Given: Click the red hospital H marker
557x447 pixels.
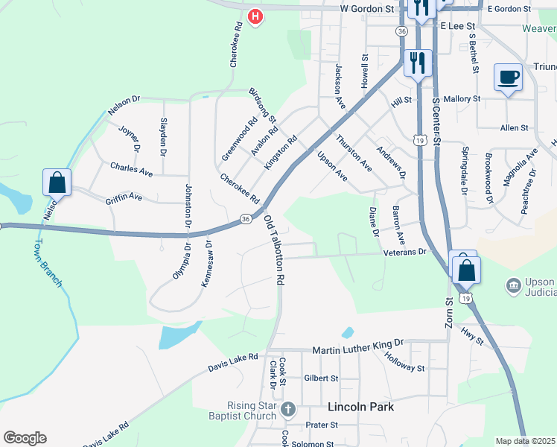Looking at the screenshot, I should [x=255, y=16].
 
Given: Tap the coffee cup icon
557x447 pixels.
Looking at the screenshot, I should [x=509, y=77].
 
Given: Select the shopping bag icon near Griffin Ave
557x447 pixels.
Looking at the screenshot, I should [x=57, y=181].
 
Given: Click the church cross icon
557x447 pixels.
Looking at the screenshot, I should [x=288, y=409].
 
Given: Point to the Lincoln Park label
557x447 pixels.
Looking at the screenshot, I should [x=361, y=408].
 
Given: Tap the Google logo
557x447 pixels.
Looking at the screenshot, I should [x=24, y=438].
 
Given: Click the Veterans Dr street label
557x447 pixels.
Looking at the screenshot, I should [x=405, y=252].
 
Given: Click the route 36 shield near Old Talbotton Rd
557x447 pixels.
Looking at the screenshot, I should [x=246, y=218].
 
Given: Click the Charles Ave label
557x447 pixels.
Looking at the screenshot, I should [x=131, y=170].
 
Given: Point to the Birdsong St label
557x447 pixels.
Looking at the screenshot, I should [x=262, y=105].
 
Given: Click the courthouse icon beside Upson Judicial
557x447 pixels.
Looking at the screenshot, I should [x=513, y=285].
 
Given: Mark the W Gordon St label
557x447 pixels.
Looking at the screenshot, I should [x=366, y=9].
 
